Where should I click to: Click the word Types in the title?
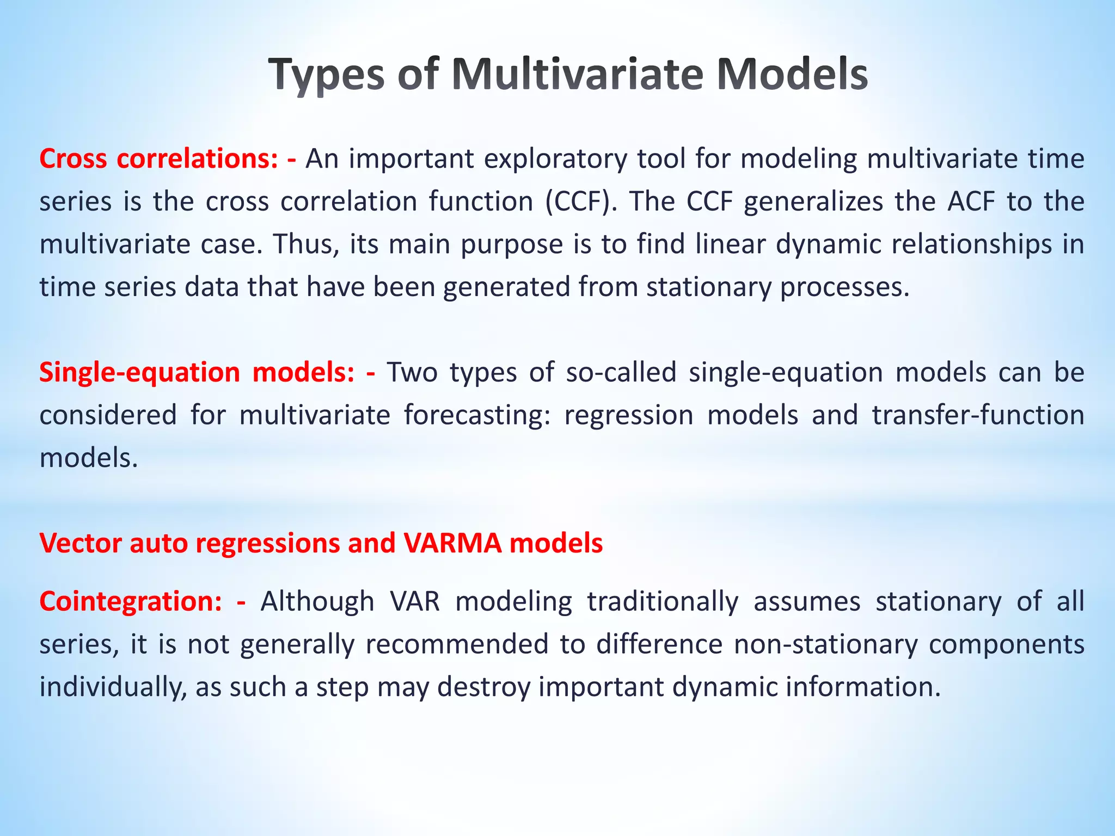326,75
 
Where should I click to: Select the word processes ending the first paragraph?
844,287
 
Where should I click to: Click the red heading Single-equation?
139,372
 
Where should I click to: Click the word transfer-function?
978,415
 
